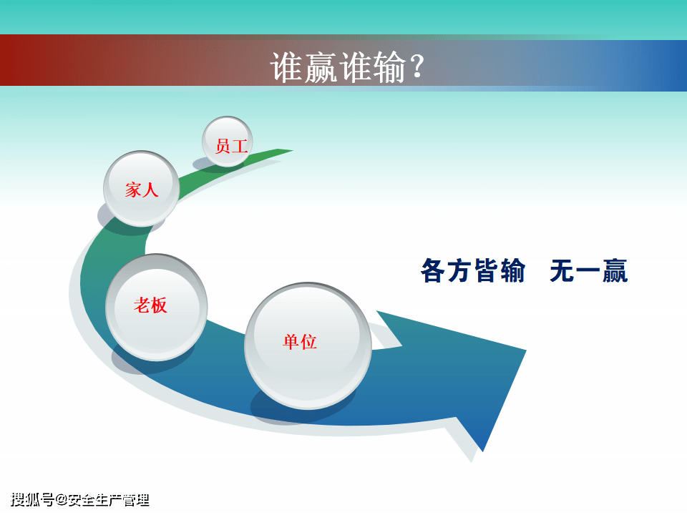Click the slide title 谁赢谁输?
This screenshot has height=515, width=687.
(347, 67)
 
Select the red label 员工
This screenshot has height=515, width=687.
(231, 146)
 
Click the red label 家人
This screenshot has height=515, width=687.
(141, 190)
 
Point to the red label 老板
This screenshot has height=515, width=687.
(150, 305)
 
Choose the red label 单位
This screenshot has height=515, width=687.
(300, 342)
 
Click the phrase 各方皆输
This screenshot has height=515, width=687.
(473, 270)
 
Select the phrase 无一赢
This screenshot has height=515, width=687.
(589, 270)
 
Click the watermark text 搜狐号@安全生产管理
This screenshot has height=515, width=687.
(80, 500)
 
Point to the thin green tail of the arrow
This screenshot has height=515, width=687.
(281, 152)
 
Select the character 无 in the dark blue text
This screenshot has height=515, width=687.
(562, 270)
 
